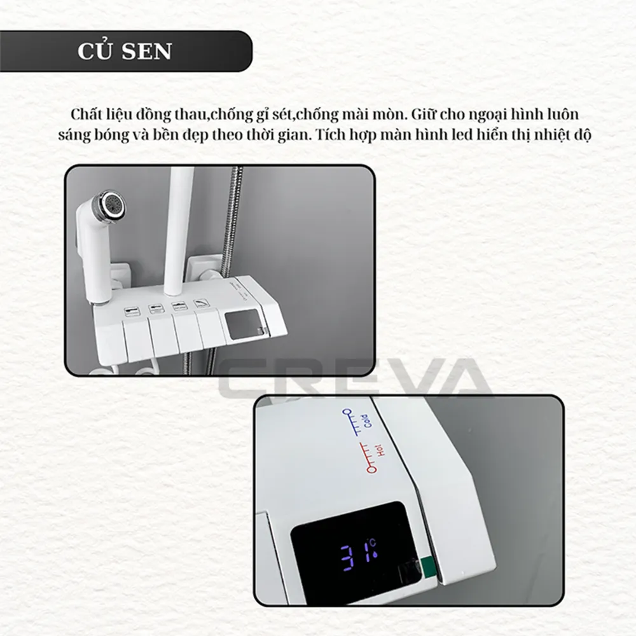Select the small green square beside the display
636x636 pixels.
(427, 566)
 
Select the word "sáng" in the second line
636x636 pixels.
(73, 135)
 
